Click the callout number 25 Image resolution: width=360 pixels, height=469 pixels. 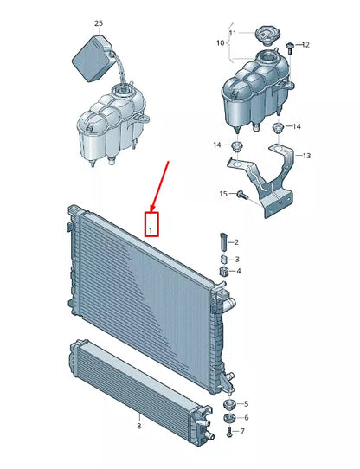[98, 23]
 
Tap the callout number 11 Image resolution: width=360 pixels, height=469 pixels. [233, 33]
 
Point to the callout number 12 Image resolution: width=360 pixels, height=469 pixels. [305, 44]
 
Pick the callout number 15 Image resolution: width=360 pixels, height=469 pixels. [222, 194]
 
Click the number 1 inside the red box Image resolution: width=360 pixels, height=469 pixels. [151, 230]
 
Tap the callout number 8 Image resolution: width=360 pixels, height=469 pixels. [138, 427]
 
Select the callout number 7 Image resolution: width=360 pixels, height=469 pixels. [244, 431]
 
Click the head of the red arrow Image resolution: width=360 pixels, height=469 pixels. [152, 209]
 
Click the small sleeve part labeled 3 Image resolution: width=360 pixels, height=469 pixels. [222, 259]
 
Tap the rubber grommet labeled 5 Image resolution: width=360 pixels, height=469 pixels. [229, 404]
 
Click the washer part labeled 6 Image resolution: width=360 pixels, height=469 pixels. [229, 417]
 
